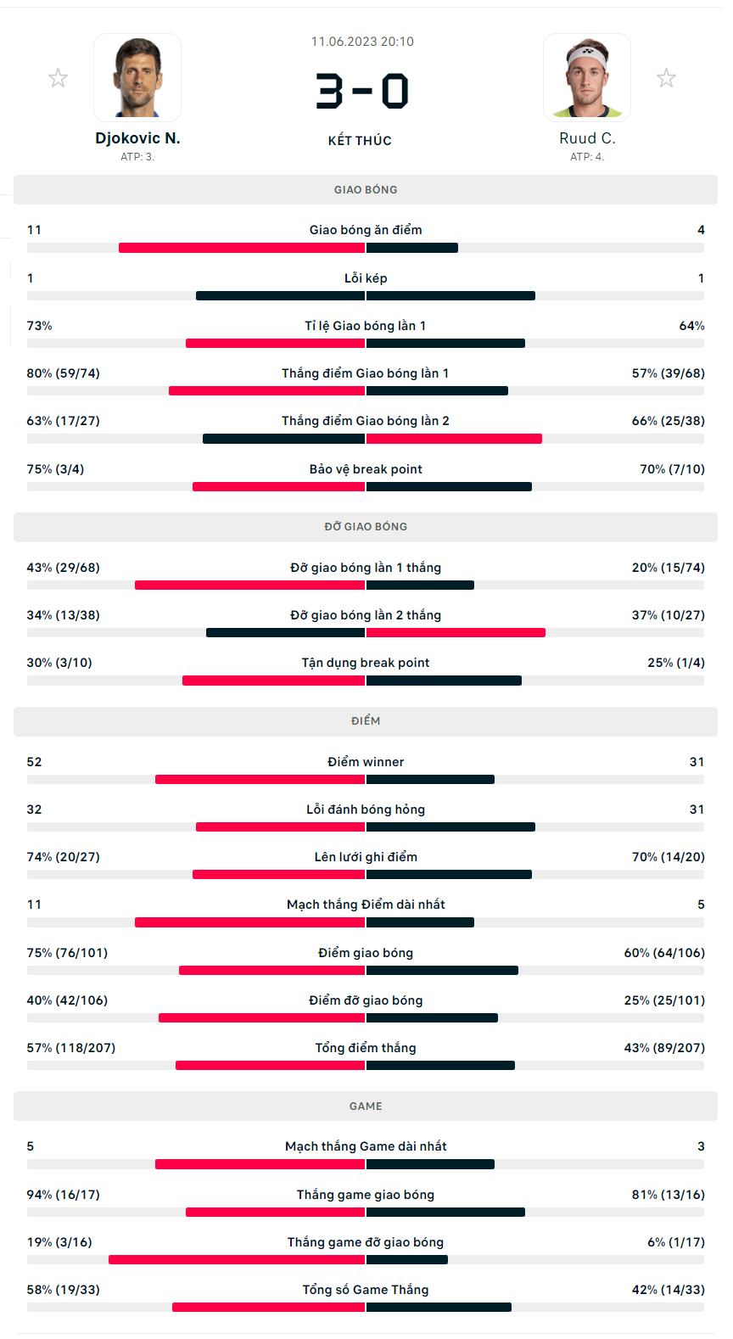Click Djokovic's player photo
coord(137,77)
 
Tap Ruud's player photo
coord(587,77)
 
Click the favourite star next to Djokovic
coord(58,78)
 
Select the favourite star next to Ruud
coord(667,78)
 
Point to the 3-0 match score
coord(362,92)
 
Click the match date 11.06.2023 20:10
coord(362,42)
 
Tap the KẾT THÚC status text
coord(360,141)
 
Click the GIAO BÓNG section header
coord(366,190)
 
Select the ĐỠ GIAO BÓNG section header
coord(366,527)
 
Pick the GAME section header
coord(366,1106)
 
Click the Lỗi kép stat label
coord(366,278)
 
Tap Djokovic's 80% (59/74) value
coord(64,373)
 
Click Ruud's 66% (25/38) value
coord(668,421)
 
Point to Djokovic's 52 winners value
coord(35,762)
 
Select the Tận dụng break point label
coord(366,663)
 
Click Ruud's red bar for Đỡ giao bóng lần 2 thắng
coord(456,633)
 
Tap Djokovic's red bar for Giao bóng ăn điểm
coord(242,248)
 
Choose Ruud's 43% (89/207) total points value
coord(664,1048)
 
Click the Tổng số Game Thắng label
coord(366,1290)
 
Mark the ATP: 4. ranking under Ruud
coord(587,157)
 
